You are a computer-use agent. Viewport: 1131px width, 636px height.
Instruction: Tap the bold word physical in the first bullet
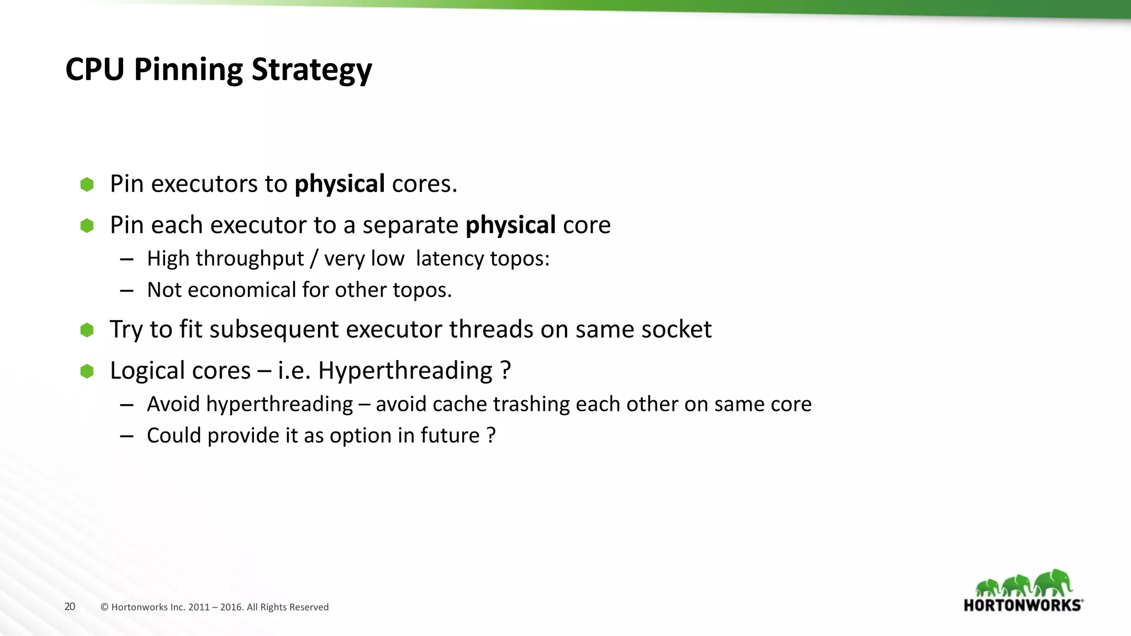pos(340,184)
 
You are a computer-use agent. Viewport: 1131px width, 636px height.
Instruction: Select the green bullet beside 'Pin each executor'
pos(87,225)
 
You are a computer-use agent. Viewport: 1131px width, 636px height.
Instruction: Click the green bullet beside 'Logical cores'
pos(87,371)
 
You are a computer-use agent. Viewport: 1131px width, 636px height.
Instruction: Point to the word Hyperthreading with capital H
pos(405,371)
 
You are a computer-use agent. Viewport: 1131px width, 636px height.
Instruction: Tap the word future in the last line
pos(450,436)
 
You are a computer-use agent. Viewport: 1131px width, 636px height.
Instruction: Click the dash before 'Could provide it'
pos(126,436)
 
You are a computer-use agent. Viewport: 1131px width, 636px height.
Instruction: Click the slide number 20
pos(70,607)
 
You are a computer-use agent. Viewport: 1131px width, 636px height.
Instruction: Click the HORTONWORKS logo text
pos(1023,605)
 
